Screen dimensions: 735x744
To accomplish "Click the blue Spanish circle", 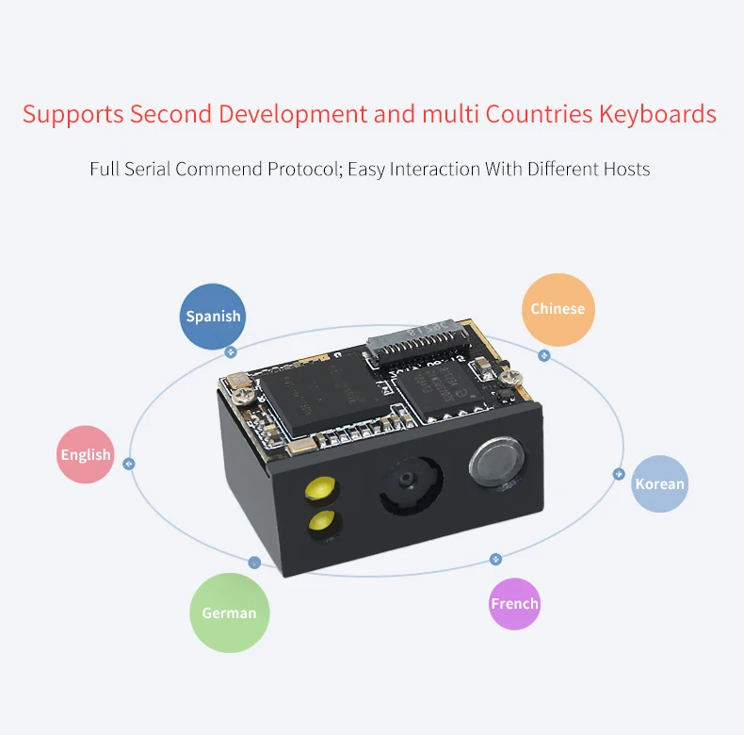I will (x=213, y=317).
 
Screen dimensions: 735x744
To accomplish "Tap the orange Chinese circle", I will (x=558, y=309).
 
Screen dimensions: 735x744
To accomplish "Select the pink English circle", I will (x=86, y=455).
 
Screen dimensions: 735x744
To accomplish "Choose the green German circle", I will (x=229, y=612).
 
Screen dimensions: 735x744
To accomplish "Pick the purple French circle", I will (x=514, y=604).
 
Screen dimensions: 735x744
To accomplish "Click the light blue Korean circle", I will (x=659, y=483).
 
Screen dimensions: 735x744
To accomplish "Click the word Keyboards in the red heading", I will (x=656, y=115).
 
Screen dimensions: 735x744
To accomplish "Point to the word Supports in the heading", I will (x=73, y=115).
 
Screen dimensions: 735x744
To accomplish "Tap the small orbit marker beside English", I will (x=129, y=464).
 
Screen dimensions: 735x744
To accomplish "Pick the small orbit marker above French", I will (x=495, y=560).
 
